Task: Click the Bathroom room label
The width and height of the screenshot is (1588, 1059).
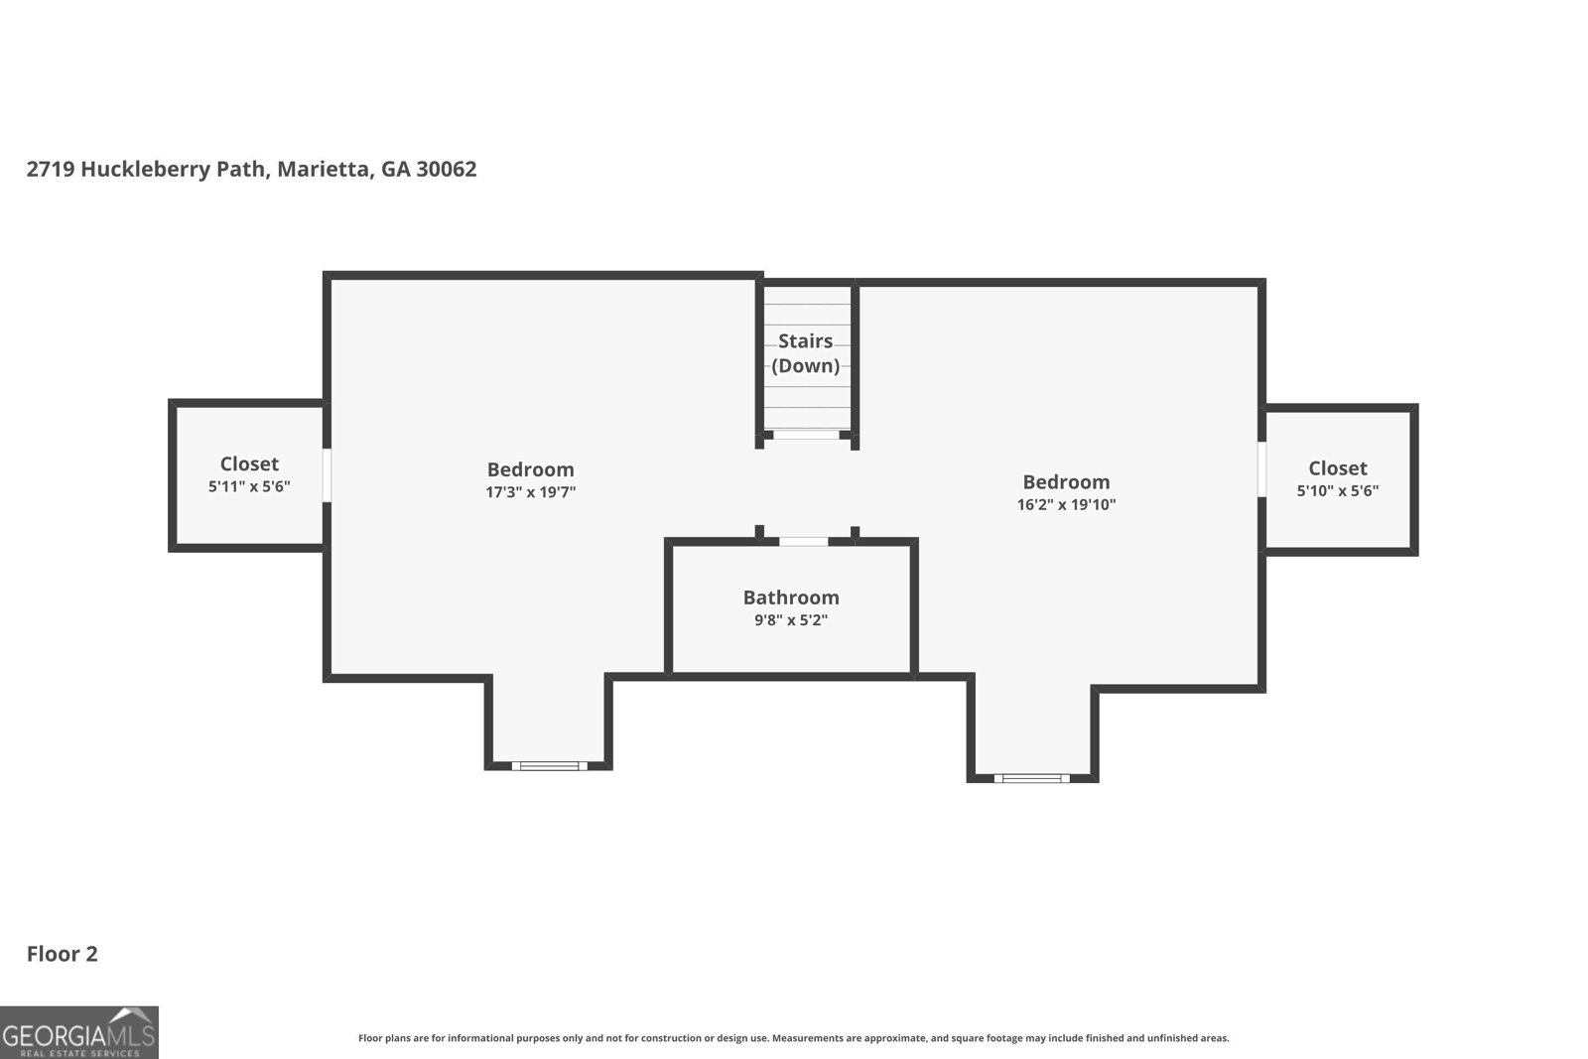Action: [790, 597]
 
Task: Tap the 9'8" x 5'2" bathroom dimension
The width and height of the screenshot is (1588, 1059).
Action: [790, 620]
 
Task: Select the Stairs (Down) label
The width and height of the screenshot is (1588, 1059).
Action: [805, 353]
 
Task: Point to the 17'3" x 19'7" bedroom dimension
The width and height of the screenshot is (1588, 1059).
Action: [530, 492]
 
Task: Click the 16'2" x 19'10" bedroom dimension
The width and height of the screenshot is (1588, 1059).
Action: [1066, 505]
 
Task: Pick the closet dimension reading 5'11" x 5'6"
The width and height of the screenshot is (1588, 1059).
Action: [249, 487]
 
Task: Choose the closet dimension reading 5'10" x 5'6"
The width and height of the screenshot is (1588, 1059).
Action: [1338, 491]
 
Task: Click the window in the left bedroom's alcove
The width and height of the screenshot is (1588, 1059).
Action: [550, 765]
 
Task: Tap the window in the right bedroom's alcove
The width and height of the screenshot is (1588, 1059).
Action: [1031, 778]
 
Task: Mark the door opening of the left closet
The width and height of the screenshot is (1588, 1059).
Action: [327, 475]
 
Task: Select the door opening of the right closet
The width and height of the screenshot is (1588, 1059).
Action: [1261, 469]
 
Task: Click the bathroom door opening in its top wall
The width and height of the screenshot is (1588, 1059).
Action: [803, 542]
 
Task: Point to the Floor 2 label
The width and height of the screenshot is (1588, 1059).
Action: [63, 954]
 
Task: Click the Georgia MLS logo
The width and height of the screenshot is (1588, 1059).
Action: [78, 1032]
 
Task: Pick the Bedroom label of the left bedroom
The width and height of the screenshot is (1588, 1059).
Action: [530, 469]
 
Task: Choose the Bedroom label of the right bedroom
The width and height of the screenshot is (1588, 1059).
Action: [1066, 482]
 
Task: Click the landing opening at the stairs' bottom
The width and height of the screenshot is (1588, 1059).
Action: [807, 435]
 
